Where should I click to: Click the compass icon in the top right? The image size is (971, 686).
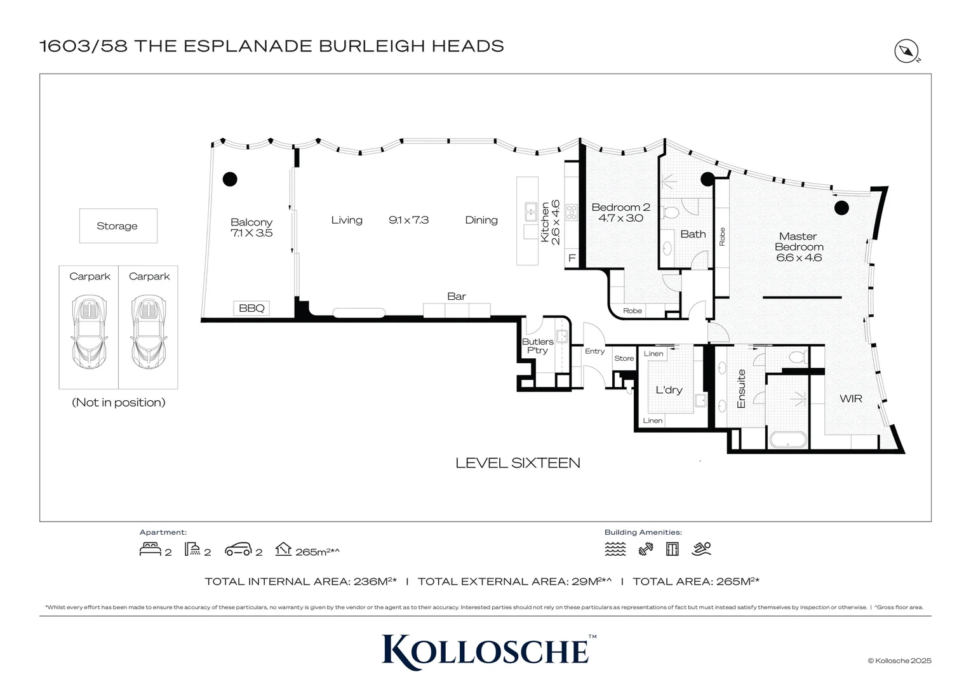pyautogui.click(x=907, y=51)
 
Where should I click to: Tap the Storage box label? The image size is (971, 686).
pyautogui.click(x=117, y=226)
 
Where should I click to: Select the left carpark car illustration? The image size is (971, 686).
pyautogui.click(x=89, y=332)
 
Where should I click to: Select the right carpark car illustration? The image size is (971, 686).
pyautogui.click(x=149, y=332)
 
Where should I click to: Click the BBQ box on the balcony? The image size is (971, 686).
pyautogui.click(x=251, y=308)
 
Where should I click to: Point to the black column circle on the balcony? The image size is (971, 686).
pyautogui.click(x=230, y=179)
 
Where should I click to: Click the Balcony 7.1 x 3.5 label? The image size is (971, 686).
pyautogui.click(x=251, y=227)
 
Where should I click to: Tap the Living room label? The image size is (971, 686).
pyautogui.click(x=347, y=220)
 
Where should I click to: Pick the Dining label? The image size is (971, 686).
pyautogui.click(x=481, y=220)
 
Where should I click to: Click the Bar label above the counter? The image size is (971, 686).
pyautogui.click(x=457, y=297)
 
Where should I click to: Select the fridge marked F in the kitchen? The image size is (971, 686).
pyautogui.click(x=572, y=259)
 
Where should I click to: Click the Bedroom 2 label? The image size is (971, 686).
pyautogui.click(x=620, y=212)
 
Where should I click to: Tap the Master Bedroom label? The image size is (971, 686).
pyautogui.click(x=798, y=246)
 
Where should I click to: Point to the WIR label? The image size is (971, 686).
pyautogui.click(x=851, y=399)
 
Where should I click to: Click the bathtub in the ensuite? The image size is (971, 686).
pyautogui.click(x=788, y=440)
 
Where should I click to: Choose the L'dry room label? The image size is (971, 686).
pyautogui.click(x=669, y=390)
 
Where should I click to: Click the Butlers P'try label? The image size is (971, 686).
pyautogui.click(x=537, y=346)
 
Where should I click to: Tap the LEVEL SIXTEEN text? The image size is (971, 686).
pyautogui.click(x=518, y=463)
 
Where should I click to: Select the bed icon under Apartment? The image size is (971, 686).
pyautogui.click(x=151, y=549)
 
